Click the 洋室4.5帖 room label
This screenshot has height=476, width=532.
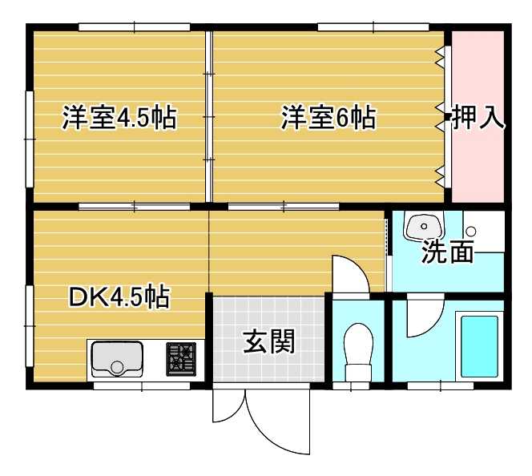coord(119,117)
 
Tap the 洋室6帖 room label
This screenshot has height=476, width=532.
coord(328,117)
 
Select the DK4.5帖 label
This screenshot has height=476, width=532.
coord(119,296)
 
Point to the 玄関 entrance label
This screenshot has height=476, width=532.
coord(268,341)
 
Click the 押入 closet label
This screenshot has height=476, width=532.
coord(478,117)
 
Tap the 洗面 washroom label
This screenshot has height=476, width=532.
coord(448,252)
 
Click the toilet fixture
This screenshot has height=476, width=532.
coord(358,352)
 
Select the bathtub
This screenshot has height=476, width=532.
coord(479,346)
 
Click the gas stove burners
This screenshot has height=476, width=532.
coord(181,359)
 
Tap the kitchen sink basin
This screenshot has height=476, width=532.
coord(117,359)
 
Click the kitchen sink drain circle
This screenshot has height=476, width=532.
coord(117,368)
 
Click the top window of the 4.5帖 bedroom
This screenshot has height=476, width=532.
coord(135,27)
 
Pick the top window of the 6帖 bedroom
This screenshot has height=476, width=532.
coord(373,27)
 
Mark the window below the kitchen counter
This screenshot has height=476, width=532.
coord(142,385)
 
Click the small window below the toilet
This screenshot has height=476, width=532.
coord(351,385)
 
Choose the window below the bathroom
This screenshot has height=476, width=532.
coord(441,385)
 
